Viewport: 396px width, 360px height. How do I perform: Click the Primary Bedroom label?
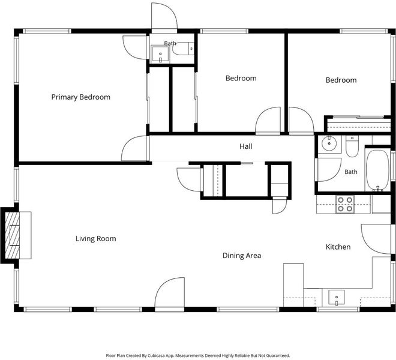point(81,97)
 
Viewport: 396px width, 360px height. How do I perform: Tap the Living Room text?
point(96,239)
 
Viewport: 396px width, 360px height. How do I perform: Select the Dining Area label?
point(242,256)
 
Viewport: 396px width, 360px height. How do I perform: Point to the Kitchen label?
point(338,247)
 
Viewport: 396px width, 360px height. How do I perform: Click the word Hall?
point(246,146)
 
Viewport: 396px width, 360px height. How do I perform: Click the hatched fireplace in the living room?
point(12,235)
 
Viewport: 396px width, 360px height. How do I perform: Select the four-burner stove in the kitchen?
point(345,204)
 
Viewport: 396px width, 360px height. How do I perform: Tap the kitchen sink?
point(337,298)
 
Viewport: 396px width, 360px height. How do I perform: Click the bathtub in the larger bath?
point(377,170)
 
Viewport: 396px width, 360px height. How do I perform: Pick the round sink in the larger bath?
point(329,143)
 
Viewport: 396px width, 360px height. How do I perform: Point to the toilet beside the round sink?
point(352,146)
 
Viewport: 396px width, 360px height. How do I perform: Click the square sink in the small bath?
point(160,55)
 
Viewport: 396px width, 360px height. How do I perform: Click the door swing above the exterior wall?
point(164,16)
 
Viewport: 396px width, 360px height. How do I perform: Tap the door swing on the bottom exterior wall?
point(169,292)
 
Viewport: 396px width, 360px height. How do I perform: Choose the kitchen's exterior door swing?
point(376,239)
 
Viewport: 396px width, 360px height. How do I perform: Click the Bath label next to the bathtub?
point(351,172)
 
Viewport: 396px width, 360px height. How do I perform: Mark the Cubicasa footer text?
point(198,355)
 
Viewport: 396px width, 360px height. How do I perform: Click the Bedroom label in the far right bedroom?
point(341,80)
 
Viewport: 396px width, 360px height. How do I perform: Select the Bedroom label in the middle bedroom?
point(241,79)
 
